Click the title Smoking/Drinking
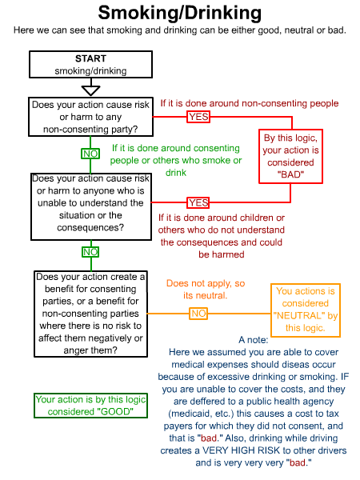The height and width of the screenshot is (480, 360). pos(180,13)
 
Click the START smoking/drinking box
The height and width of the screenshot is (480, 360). pos(90,64)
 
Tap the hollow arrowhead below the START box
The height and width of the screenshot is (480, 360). pos(91,90)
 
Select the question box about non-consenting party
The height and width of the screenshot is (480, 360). pos(90,117)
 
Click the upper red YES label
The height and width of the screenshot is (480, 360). pos(198,117)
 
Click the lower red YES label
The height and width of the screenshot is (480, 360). pos(198,202)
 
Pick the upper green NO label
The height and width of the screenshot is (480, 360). pos(90,154)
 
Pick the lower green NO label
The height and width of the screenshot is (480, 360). pos(90,252)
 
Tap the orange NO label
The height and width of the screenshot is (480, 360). pos(198,314)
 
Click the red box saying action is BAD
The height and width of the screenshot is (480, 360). pos(290,156)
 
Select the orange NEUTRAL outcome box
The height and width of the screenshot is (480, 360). pos(306,310)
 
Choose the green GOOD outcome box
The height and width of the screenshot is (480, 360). pos(90,406)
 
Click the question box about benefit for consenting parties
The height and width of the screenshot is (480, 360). pos(90,314)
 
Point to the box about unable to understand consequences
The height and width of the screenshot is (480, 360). pos(91,206)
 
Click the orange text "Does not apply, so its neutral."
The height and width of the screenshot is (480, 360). pos(206,290)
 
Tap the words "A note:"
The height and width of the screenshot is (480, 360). pos(253,340)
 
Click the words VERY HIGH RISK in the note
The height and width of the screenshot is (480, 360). pos(241,450)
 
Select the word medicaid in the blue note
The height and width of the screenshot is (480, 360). pos(186,414)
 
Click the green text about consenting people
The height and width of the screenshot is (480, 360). pos(176,160)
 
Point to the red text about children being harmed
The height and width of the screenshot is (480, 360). pos(222,236)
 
